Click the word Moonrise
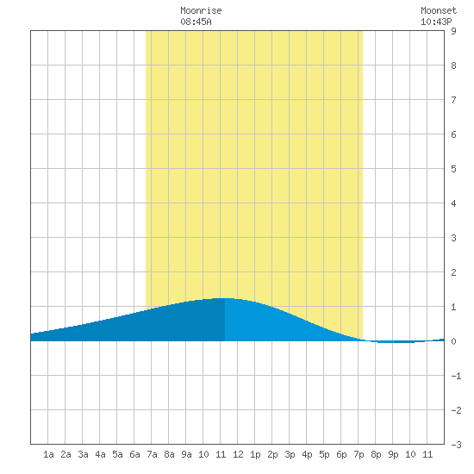pyautogui.click(x=201, y=10)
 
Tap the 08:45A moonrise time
pyautogui.click(x=196, y=22)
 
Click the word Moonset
pyautogui.click(x=439, y=10)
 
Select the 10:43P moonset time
pyautogui.click(x=436, y=22)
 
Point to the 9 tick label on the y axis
pyautogui.click(x=453, y=31)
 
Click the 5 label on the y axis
pyautogui.click(x=453, y=169)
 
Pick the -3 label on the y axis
pyautogui.click(x=456, y=445)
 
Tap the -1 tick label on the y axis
pyautogui.click(x=456, y=376)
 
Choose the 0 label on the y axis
pyautogui.click(x=453, y=341)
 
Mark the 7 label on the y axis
pyautogui.click(x=453, y=100)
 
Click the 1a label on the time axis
pyautogui.click(x=48, y=454)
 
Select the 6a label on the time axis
pyautogui.click(x=134, y=454)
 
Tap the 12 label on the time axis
pyautogui.click(x=238, y=454)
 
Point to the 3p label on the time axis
pyautogui.click(x=290, y=454)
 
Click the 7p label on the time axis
pyautogui.click(x=359, y=454)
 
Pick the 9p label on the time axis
pyautogui.click(x=393, y=454)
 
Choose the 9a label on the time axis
pyautogui.click(x=186, y=454)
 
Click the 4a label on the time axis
pyautogui.click(x=100, y=454)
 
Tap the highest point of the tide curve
pyautogui.click(x=225, y=298)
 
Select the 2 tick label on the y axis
pyautogui.click(x=453, y=272)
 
